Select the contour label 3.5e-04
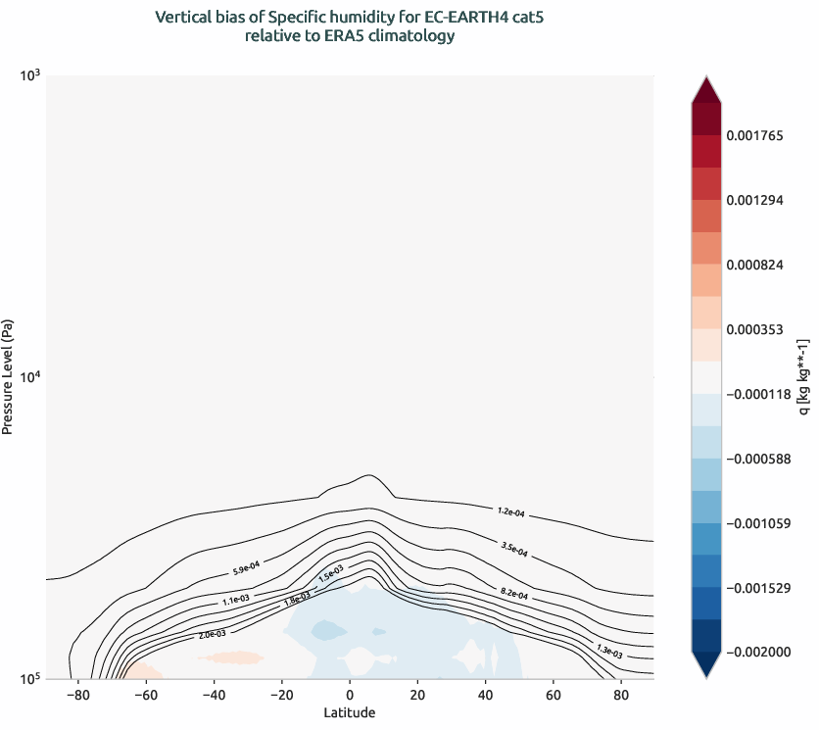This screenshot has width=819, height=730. point(514,550)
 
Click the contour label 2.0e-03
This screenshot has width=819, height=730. point(212,635)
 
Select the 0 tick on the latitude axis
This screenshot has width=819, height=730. point(349,696)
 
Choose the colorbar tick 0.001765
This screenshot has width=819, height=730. point(761,135)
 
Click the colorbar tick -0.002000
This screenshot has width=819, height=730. point(763,653)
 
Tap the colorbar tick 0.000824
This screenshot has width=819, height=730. point(761,265)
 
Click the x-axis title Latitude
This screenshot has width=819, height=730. point(349,713)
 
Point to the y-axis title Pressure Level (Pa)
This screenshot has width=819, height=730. point(9,377)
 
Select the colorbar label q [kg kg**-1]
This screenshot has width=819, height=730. point(804,377)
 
